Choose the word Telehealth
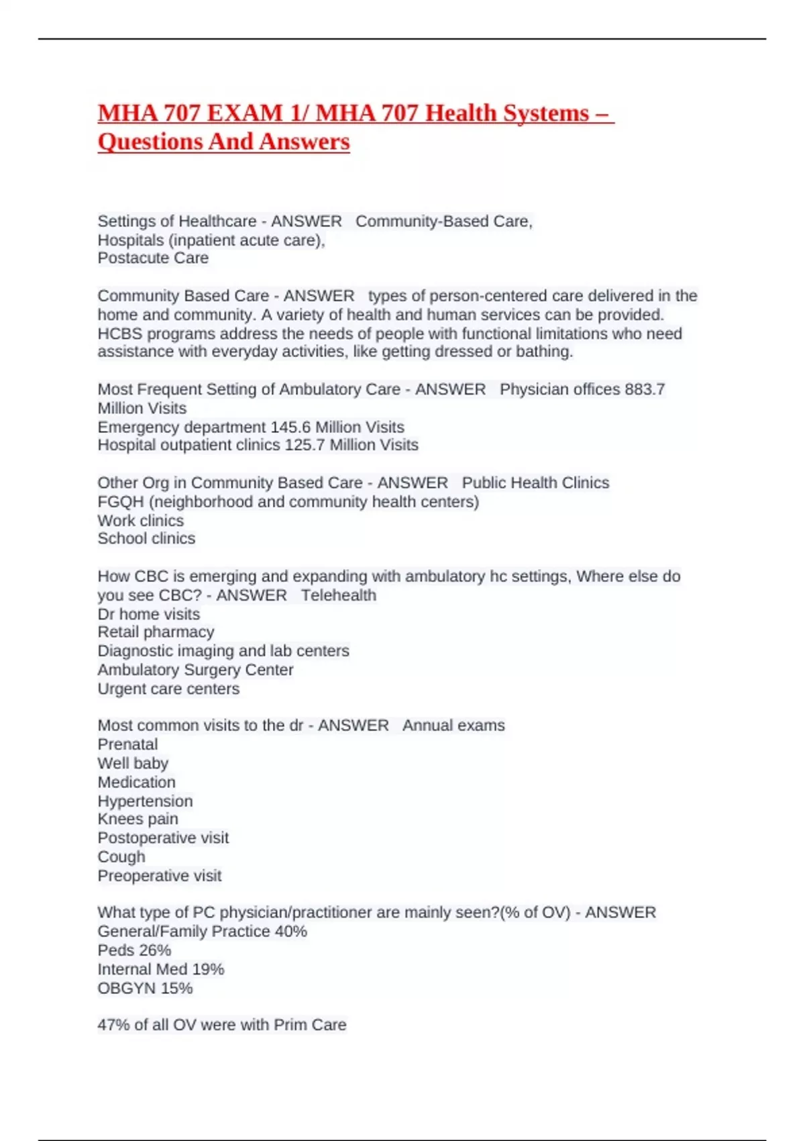tap(338, 595)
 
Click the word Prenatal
tap(127, 744)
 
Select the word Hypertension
tap(145, 801)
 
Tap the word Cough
tap(121, 856)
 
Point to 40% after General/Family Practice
tap(290, 932)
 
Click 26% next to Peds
tap(154, 950)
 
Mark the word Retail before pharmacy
tap(119, 632)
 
